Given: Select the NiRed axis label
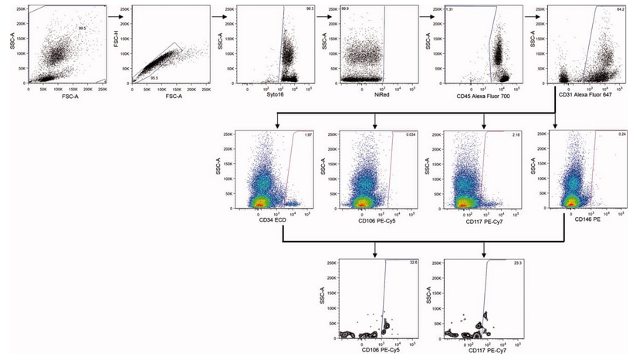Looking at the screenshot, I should tap(368, 95).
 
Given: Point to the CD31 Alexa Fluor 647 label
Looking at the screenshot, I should tap(581, 95).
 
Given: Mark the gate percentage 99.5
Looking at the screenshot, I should tap(80, 28).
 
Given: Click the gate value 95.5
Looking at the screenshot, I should tap(154, 79).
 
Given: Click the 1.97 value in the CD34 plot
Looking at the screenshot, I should tap(308, 134).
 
